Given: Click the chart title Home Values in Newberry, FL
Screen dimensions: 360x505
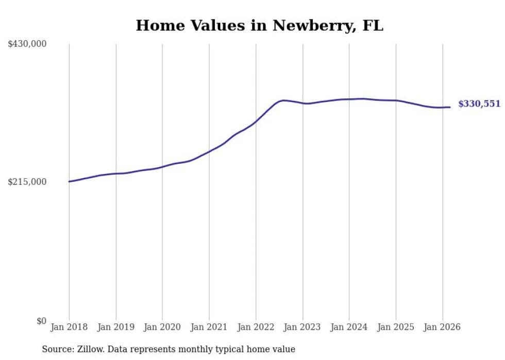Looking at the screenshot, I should coord(259,25).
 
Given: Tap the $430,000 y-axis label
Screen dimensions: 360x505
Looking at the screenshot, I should coord(27,44).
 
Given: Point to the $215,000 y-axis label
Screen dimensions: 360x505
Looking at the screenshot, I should coord(27,182).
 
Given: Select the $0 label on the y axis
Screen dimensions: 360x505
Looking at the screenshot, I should coord(41,321).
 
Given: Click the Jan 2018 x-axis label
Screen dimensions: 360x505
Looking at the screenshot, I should coord(69,327).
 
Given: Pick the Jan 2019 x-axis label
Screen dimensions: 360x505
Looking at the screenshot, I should coord(116,327).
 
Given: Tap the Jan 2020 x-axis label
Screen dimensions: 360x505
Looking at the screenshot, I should coord(162,327).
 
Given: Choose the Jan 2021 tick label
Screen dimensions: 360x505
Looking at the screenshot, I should coord(209,327).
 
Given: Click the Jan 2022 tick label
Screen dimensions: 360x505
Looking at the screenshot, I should coord(256,327).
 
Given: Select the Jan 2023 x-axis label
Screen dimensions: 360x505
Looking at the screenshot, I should coord(302,327).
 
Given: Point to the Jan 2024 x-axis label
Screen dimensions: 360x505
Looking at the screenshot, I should coord(349,327).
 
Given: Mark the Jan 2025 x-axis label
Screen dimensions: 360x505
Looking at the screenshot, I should coord(396,327).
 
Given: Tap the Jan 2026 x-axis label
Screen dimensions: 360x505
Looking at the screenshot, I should coord(442,327).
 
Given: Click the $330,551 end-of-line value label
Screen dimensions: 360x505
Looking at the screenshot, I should coord(479,104).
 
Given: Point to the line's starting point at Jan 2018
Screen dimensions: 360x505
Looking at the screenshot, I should coord(69,181).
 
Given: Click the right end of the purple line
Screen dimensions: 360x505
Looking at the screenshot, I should coord(450,107).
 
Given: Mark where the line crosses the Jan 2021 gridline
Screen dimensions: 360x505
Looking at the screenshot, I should coord(209,151).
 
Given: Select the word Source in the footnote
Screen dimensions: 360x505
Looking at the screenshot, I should coord(56,350).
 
